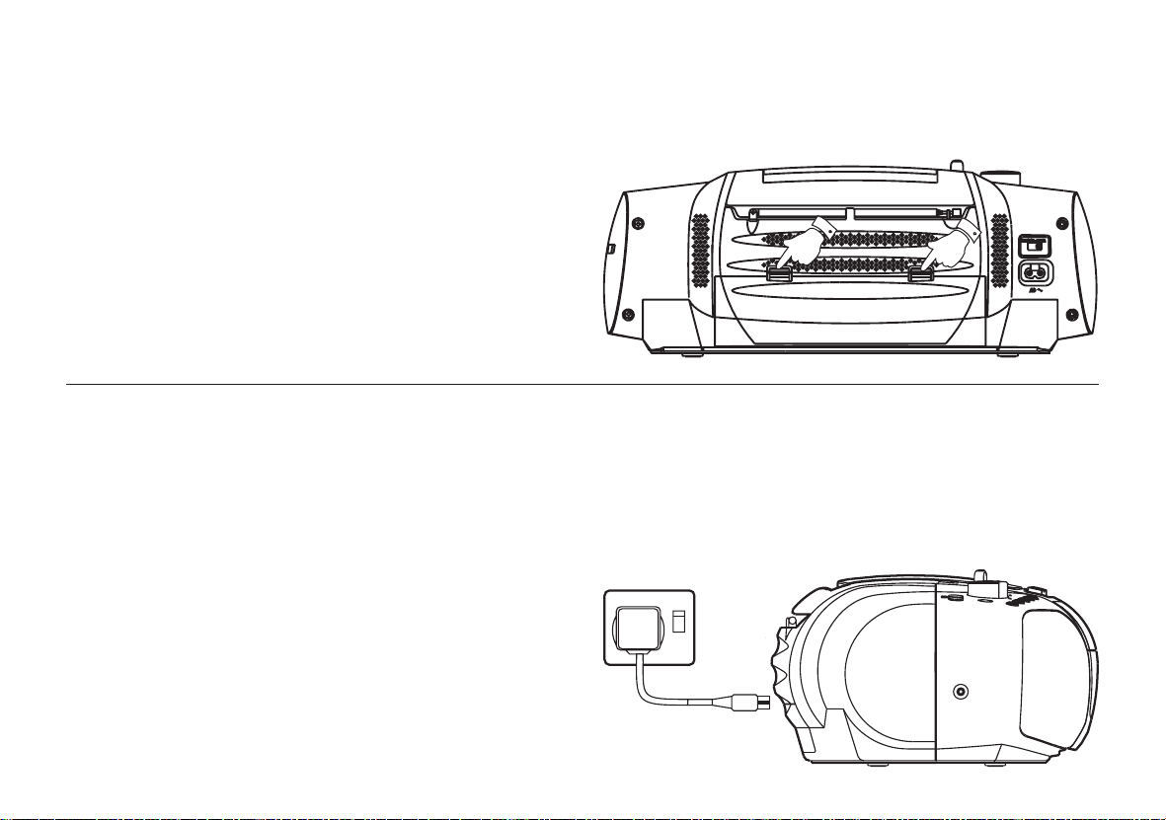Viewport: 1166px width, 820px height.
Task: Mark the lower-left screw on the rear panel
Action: [x=628, y=315]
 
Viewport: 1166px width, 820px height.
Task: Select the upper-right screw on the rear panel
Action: [x=1063, y=222]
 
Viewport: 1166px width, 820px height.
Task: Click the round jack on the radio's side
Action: [x=961, y=692]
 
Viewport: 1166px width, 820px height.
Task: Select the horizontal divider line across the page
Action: [x=583, y=384]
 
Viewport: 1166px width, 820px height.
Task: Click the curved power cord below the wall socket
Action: [x=657, y=691]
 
